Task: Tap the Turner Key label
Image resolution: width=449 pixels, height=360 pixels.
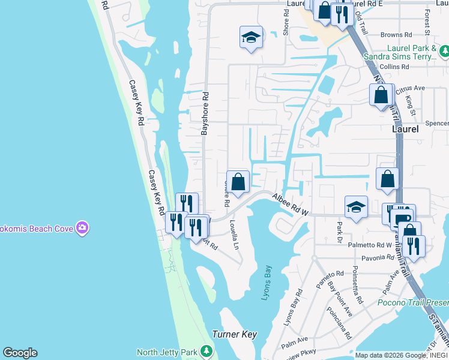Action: tap(234, 334)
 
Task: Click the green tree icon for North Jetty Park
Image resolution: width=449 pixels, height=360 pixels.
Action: tap(206, 350)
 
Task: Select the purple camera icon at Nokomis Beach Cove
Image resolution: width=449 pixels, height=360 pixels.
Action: tap(82, 227)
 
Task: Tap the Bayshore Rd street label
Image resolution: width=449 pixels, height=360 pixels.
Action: tap(204, 113)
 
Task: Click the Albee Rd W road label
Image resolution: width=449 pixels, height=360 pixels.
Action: tap(291, 204)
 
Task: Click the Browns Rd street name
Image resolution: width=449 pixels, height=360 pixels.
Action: tap(399, 35)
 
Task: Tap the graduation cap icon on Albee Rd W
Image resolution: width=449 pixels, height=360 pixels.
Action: tap(357, 208)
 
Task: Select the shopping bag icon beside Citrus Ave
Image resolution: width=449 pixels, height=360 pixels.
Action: tap(381, 95)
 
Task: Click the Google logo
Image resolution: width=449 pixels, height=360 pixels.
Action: tap(20, 353)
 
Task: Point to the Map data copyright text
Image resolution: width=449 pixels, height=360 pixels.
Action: tap(400, 355)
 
